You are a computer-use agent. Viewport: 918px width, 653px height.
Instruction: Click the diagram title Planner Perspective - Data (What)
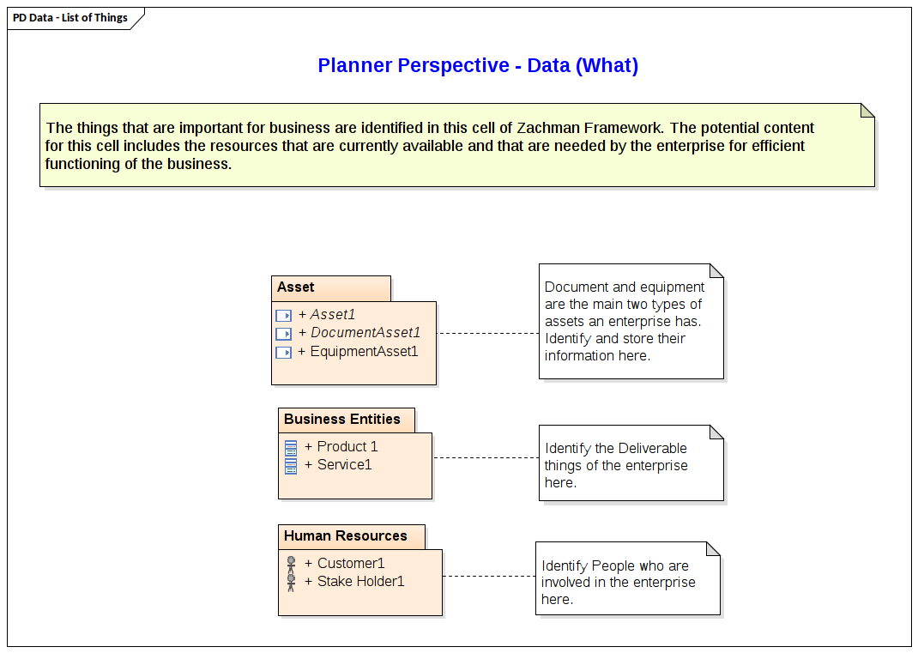pyautogui.click(x=478, y=66)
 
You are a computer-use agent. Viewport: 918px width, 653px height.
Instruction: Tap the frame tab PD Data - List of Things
pyautogui.click(x=70, y=17)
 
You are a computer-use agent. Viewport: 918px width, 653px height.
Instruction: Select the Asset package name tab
pyautogui.click(x=296, y=287)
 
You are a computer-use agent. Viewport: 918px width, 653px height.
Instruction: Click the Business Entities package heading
pyautogui.click(x=341, y=420)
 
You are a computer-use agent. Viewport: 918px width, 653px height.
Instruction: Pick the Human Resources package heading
pyautogui.click(x=345, y=536)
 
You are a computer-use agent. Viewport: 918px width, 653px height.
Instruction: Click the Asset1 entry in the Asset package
pyautogui.click(x=332, y=315)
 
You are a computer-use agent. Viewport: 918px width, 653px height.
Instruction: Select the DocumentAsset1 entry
pyautogui.click(x=365, y=333)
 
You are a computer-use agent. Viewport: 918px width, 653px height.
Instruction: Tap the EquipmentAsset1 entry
pyautogui.click(x=364, y=351)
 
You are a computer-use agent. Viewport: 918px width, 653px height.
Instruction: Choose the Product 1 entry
pyautogui.click(x=347, y=447)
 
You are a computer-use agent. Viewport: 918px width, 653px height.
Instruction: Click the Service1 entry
pyautogui.click(x=344, y=465)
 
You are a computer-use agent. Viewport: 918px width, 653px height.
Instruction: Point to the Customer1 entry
pyautogui.click(x=350, y=564)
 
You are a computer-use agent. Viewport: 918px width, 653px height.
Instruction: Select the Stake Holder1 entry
pyautogui.click(x=360, y=582)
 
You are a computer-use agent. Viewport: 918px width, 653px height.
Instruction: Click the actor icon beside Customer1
pyautogui.click(x=291, y=564)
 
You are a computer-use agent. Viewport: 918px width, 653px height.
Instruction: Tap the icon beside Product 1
pyautogui.click(x=291, y=447)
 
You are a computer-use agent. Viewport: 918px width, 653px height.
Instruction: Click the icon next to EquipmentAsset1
pyautogui.click(x=283, y=352)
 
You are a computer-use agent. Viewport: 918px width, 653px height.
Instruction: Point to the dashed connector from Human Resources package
pyautogui.click(x=489, y=576)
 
